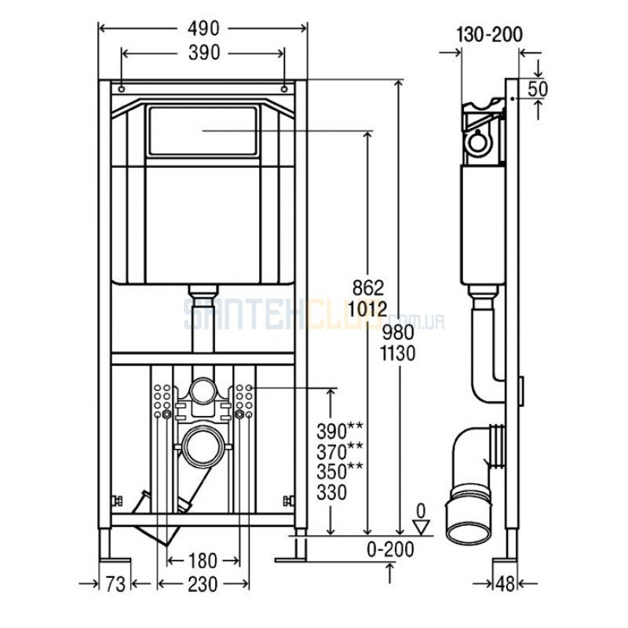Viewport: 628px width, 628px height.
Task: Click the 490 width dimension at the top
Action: [x=204, y=28]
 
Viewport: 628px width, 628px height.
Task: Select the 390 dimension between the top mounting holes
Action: [x=204, y=53]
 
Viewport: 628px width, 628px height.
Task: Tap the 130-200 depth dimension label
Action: [x=489, y=35]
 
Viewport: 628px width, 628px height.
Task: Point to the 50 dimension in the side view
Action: [x=538, y=89]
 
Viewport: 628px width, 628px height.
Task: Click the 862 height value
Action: [x=368, y=287]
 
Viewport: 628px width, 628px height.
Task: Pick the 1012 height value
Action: [x=367, y=309]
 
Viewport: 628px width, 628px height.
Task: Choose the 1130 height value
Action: [x=398, y=354]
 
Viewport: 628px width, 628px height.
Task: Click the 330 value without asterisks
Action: [x=331, y=493]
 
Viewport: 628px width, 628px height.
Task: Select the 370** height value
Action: [x=340, y=451]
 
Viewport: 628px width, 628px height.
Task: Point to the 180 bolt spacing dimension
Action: [x=203, y=560]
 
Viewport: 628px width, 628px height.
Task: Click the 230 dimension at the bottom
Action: [x=203, y=584]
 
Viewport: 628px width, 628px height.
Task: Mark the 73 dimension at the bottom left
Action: [x=115, y=584]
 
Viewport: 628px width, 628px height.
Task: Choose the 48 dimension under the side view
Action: [x=505, y=584]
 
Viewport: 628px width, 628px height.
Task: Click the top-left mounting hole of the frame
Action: [x=122, y=89]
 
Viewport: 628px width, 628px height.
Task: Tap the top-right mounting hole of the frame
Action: [x=284, y=89]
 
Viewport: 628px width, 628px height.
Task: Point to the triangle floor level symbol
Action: [x=421, y=527]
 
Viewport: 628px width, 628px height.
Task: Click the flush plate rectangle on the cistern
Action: [x=203, y=130]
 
